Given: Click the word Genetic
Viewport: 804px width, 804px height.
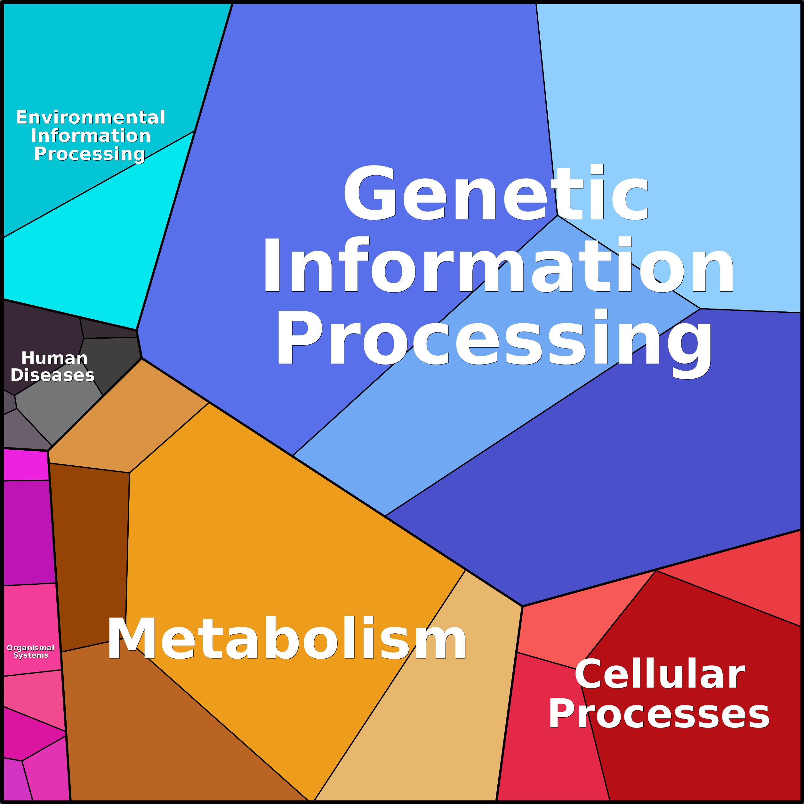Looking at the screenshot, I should click(495, 194).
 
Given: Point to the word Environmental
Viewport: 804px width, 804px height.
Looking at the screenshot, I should click(90, 117).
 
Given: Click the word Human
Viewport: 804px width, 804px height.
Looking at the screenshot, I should click(54, 358).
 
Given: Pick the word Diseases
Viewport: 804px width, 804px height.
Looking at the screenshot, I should click(52, 375).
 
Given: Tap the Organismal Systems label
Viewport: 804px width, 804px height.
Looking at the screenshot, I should click(30, 651).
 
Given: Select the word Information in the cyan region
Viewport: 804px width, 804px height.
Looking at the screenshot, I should click(90, 136).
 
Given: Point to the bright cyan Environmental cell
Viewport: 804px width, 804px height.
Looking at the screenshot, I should click(83, 250).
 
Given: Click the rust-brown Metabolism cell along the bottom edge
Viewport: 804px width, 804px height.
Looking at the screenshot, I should click(166, 741).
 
